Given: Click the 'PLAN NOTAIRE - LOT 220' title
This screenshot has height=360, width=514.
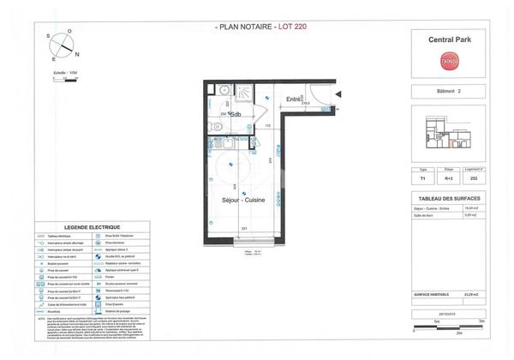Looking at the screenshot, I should [258, 27].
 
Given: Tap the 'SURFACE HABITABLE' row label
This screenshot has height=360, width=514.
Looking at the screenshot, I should [433, 294].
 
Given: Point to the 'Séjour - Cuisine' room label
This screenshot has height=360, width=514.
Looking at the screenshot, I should [244, 200].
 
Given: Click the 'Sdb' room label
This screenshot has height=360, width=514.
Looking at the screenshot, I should [234, 114].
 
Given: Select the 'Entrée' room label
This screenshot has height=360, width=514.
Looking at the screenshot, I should [294, 99].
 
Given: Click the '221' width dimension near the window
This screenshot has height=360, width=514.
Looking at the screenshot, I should [244, 228].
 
